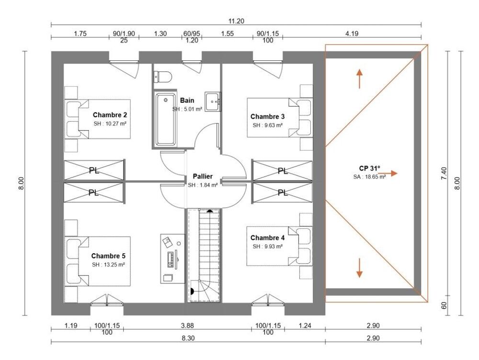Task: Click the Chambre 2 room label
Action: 110,115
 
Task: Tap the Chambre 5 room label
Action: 108,256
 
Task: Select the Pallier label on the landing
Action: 203,176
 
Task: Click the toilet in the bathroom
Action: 162,77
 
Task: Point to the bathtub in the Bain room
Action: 166,120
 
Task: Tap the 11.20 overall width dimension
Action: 237,21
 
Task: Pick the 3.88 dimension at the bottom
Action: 187,326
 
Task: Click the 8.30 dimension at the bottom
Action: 187,338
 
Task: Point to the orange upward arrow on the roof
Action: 359,79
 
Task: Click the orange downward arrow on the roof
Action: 359,268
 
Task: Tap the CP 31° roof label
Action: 369,169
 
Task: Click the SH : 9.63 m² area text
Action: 267,125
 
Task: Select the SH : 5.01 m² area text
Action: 187,109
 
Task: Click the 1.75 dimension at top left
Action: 80,34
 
